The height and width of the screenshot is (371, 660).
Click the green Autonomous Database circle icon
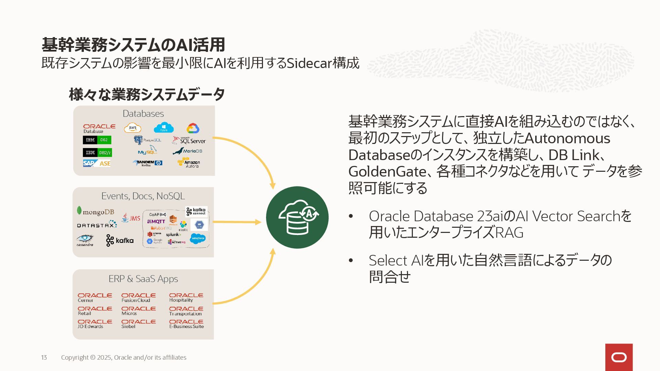[x=297, y=217]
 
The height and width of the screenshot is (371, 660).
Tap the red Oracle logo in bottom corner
[x=619, y=357]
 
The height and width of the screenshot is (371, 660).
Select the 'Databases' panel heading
[x=143, y=114]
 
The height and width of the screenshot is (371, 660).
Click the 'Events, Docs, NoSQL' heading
[x=143, y=196]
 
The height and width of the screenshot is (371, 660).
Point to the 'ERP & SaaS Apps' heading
[x=143, y=279]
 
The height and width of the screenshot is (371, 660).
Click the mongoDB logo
[x=96, y=212]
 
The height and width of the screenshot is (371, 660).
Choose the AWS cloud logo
[x=133, y=128]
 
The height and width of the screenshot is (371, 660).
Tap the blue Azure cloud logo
[x=164, y=128]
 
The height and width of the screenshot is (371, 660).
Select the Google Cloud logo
[x=193, y=128]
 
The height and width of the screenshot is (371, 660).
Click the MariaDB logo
[x=188, y=151]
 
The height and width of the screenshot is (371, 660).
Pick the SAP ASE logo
[x=97, y=163]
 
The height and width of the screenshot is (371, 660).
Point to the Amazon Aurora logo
[x=189, y=163]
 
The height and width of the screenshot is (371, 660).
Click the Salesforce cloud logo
[x=198, y=238]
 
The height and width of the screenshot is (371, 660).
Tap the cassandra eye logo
[x=85, y=240]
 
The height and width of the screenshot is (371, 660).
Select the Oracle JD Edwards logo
[x=95, y=324]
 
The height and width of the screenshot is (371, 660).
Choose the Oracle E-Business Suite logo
[x=186, y=324]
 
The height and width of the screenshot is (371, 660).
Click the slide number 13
[x=44, y=358]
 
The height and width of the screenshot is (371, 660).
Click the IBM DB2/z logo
[x=97, y=153]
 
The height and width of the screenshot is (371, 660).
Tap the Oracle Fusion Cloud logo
[x=138, y=297]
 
